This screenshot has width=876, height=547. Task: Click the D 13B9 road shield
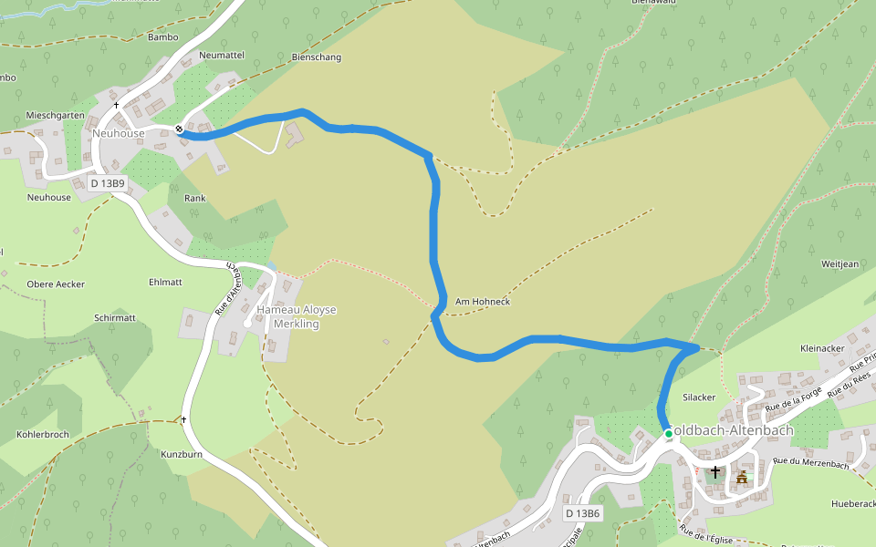tap(108, 183)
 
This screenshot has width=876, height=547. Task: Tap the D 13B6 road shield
tap(582, 513)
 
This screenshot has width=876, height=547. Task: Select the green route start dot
tap(669, 434)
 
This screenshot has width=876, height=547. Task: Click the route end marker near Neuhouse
tap(180, 129)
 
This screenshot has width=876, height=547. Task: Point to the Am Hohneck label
tap(482, 302)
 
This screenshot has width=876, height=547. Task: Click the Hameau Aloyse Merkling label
tap(296, 316)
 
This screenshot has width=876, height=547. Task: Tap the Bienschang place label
tap(316, 57)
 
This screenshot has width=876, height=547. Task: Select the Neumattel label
tap(222, 56)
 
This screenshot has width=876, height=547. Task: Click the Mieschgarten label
tap(56, 116)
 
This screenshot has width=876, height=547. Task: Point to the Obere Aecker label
tap(56, 284)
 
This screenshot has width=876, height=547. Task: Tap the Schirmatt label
tap(115, 318)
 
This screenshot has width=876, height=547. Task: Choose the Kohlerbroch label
tap(43, 434)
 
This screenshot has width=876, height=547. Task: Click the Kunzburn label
tap(181, 454)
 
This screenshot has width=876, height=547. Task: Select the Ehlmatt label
tap(165, 283)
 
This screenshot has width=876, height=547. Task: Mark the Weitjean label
tap(840, 264)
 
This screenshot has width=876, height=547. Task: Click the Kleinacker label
tap(822, 348)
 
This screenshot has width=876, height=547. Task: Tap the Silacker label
tap(699, 397)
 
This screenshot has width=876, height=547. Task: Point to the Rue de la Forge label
tap(794, 395)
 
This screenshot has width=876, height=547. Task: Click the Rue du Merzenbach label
tap(810, 463)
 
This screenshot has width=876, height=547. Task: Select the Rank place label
tap(195, 198)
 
